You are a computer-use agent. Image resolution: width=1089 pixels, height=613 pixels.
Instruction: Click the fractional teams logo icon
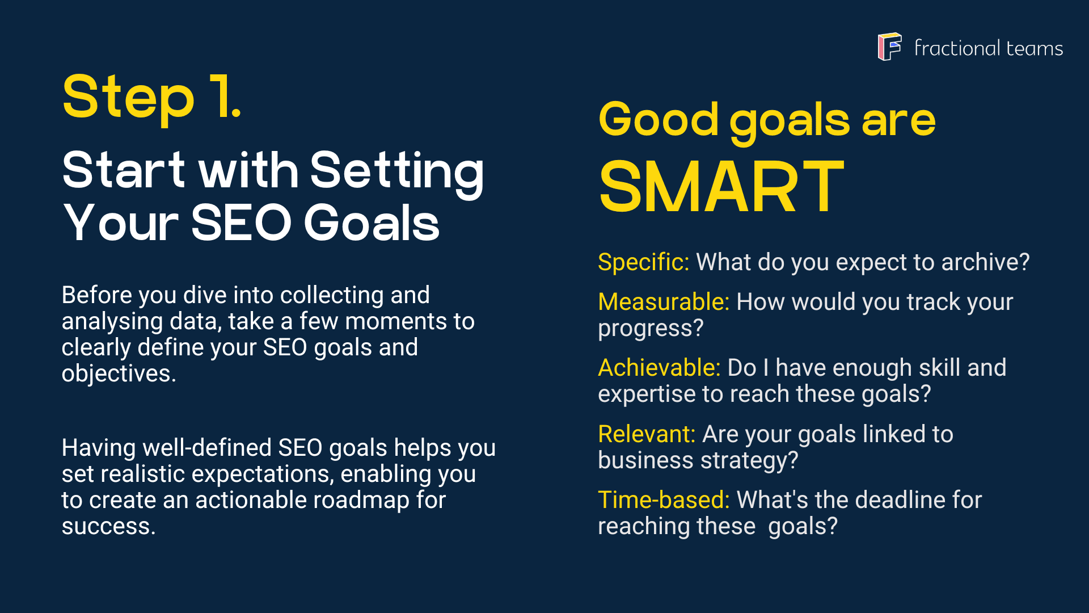[x=889, y=47]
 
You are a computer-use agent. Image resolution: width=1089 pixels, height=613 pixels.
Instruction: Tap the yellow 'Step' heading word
[x=129, y=98]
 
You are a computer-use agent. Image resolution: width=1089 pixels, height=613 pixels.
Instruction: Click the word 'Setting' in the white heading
[x=397, y=172]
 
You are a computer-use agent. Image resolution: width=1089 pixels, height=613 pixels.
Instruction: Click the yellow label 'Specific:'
[x=644, y=262]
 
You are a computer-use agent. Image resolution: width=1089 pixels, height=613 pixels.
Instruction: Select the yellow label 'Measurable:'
[x=664, y=302]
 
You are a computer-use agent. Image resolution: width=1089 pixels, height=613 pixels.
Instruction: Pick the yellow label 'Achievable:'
[x=659, y=368]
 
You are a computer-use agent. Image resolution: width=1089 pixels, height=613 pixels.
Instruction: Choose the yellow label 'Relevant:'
[x=647, y=434]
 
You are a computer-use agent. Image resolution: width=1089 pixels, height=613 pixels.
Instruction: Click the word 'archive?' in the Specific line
[x=985, y=262]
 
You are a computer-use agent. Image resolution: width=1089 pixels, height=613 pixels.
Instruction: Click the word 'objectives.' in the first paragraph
[x=119, y=374]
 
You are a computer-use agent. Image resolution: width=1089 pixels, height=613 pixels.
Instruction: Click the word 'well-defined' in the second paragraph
[x=207, y=448]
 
